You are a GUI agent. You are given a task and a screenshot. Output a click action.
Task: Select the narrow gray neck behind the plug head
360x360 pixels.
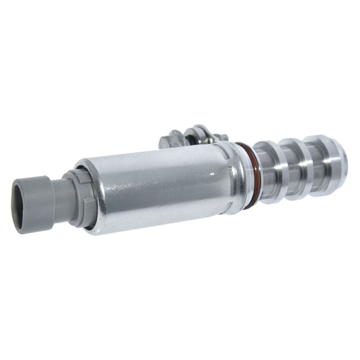tap(58, 191)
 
